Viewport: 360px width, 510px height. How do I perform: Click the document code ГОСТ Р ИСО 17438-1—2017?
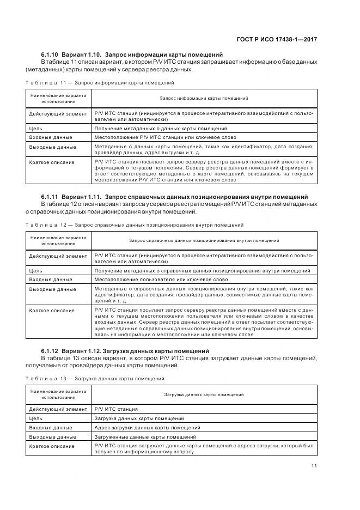coord(278,39)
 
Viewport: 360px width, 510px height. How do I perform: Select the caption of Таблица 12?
coord(134,224)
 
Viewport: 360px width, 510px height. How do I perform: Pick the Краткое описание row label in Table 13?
coord(52,446)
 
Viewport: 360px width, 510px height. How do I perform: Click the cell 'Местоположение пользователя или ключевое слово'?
coord(153,279)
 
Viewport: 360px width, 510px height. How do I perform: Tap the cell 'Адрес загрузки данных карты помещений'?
coord(147,428)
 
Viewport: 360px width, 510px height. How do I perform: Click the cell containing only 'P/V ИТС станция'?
coord(116,409)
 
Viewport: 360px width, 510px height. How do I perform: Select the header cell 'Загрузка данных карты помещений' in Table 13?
coord(204,394)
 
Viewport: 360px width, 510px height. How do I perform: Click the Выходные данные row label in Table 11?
coord(52,147)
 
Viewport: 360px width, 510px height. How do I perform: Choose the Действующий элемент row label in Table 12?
coord(57,256)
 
